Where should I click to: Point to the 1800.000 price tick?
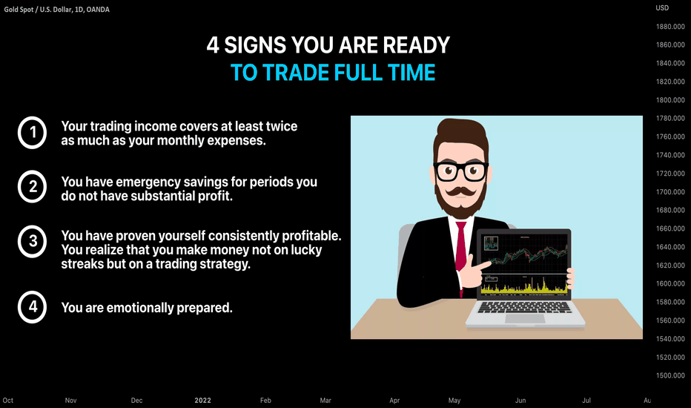pos(670,100)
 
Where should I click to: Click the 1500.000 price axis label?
pos(670,376)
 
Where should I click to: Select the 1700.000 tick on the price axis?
pos(670,192)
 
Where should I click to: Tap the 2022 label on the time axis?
pos(202,401)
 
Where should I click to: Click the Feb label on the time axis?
pos(265,401)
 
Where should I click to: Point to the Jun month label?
pos(520,401)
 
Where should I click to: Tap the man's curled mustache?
pos(461,192)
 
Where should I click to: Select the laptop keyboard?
pos(524,307)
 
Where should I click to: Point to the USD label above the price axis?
pos(662,8)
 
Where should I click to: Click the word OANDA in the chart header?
pos(98,9)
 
